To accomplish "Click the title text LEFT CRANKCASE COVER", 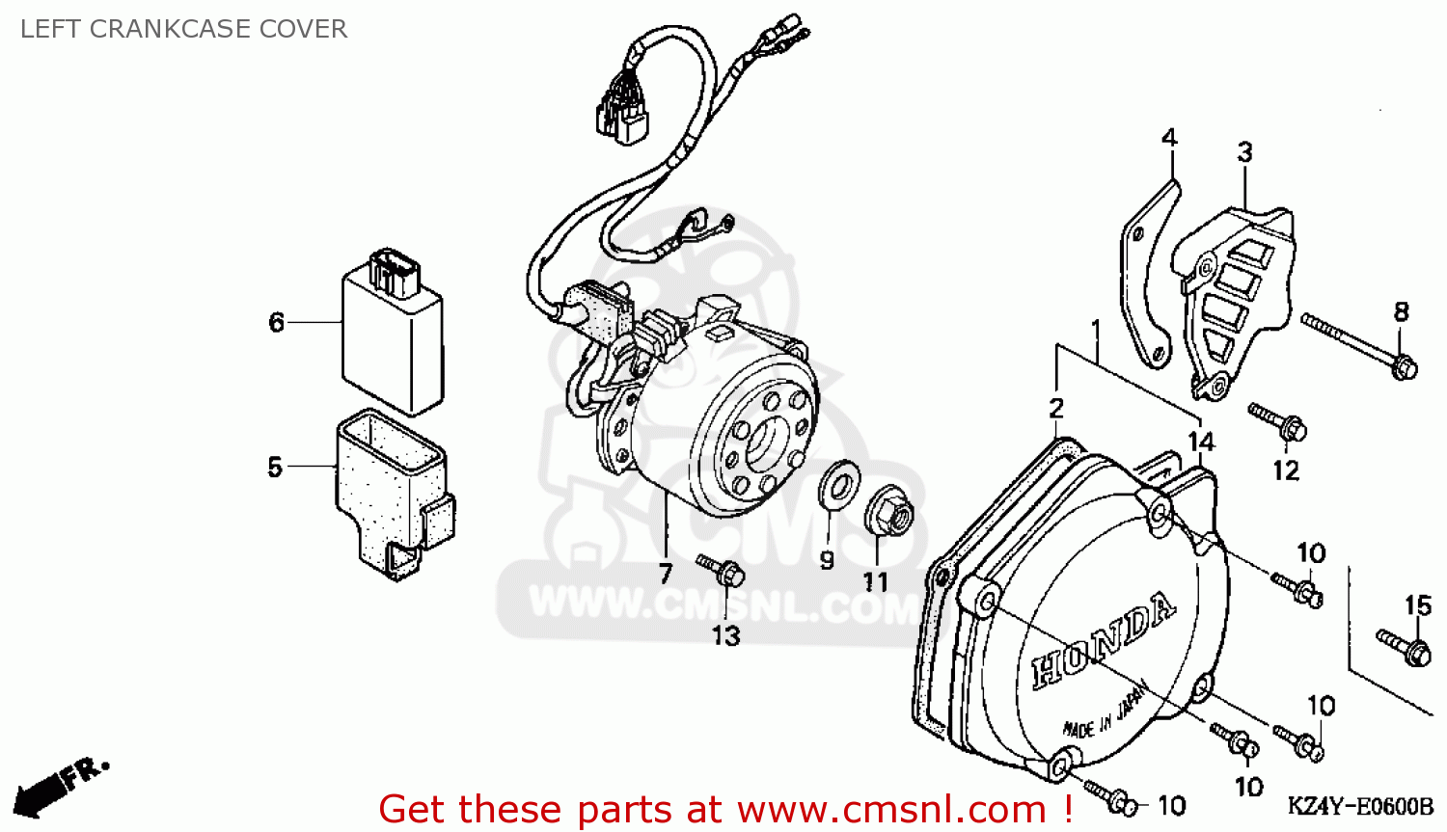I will (x=183, y=29).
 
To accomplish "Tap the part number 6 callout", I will (x=277, y=322).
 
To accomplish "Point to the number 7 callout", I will (x=666, y=574).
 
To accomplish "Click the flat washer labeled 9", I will (x=839, y=481).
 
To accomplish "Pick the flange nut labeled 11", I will (x=889, y=511).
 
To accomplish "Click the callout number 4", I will (x=1169, y=138).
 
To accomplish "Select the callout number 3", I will (x=1244, y=152).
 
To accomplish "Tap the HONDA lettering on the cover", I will (x=1104, y=640).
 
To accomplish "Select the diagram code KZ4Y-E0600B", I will (x=1360, y=806).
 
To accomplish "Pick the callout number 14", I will (x=1201, y=442).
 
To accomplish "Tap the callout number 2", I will (x=1056, y=408).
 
